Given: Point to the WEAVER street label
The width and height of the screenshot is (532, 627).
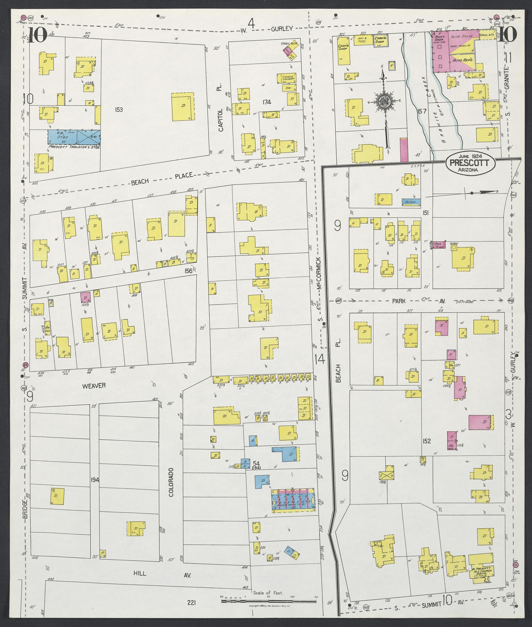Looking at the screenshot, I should point(94,386).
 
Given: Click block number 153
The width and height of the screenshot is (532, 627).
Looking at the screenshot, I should point(118,109).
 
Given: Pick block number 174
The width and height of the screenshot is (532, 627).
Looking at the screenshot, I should point(267,102).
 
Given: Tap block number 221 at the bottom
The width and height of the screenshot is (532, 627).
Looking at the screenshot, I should point(191,603).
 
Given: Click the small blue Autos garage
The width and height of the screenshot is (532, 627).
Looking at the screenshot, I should point(411,202).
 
